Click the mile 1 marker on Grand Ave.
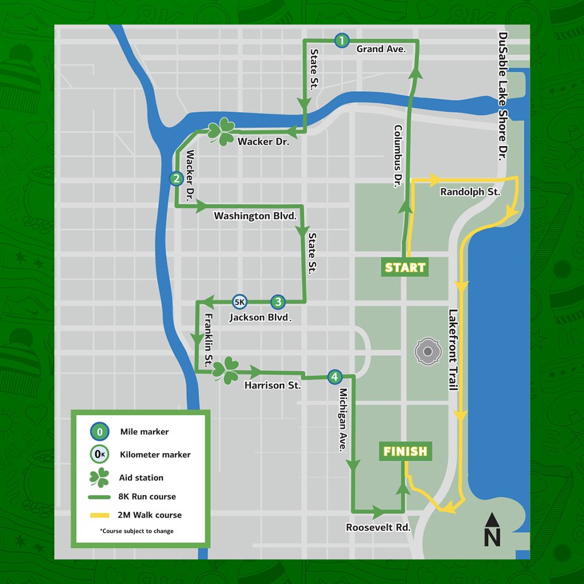tap(342, 40)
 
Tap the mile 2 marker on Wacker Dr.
tap(176, 179)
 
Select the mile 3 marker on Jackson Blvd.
tap(278, 301)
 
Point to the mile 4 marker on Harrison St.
tap(333, 377)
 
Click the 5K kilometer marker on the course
tap(239, 301)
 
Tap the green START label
tap(405, 267)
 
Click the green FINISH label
tap(405, 451)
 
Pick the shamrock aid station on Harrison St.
tap(225, 370)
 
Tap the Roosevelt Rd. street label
tap(378, 527)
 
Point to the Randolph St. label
tap(470, 192)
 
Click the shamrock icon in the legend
tap(99, 477)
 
